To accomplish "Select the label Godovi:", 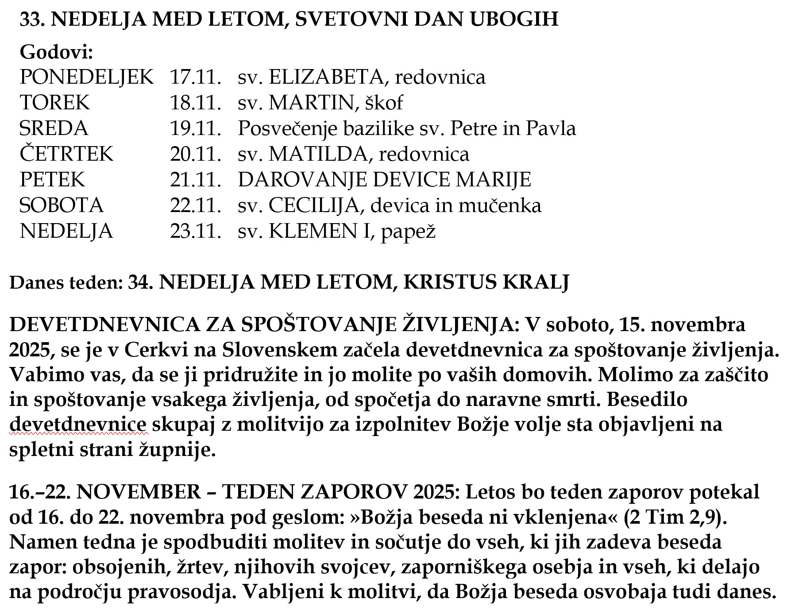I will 56,52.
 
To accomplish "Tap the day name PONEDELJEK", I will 87,77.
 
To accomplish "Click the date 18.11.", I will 195,103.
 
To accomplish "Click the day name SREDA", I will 54,128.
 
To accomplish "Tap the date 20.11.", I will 195,154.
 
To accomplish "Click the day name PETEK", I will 52,180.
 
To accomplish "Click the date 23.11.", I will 195,231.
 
